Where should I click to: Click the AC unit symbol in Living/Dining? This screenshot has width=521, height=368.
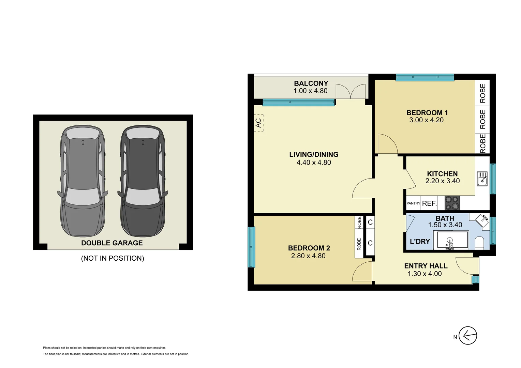pos(258,123)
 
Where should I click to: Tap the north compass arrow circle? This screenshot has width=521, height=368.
pos(467,336)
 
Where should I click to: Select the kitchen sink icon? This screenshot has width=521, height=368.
pos(482,179)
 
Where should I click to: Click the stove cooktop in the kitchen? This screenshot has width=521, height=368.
pos(452,203)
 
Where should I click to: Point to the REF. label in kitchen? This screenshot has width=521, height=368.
pos(429,203)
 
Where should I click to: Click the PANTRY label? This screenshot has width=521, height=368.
pos(413,203)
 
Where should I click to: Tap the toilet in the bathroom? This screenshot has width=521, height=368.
pos(479,243)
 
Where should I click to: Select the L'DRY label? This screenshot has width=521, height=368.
pos(420,242)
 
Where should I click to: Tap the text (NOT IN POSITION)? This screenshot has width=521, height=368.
pos(113,258)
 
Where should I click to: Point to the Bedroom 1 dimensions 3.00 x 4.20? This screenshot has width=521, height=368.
pos(426,120)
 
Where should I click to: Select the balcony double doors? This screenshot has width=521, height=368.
pos(351,91)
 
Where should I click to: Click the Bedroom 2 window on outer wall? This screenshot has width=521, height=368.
pos(251,247)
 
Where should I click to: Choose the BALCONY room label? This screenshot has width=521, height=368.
pos(311,83)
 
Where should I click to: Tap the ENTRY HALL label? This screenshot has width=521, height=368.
pos(426,266)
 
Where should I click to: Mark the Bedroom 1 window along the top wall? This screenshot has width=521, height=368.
pos(425,78)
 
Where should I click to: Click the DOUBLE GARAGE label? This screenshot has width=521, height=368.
pos(112,243)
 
